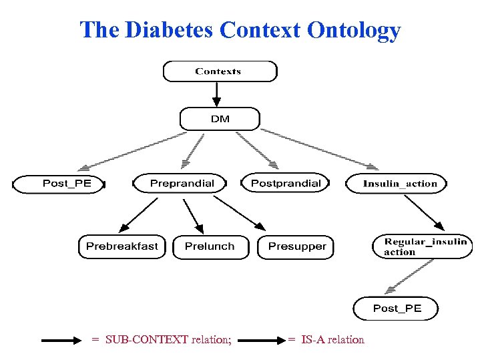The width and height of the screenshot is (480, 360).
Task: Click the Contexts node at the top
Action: (x=219, y=71)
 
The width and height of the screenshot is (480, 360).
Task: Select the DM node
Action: (x=220, y=119)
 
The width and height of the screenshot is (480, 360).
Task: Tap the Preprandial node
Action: (x=181, y=183)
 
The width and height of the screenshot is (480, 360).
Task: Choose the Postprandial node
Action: (x=285, y=183)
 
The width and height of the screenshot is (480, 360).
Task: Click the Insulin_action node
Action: (x=399, y=184)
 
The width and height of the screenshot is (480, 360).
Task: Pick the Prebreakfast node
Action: (x=122, y=246)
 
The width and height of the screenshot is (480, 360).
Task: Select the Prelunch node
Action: (x=210, y=246)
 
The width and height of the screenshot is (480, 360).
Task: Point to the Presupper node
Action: (x=296, y=246)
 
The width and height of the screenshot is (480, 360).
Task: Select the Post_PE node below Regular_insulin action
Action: (x=397, y=308)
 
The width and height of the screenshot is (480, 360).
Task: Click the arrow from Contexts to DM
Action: (x=216, y=94)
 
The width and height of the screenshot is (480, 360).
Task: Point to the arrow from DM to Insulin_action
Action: (x=317, y=148)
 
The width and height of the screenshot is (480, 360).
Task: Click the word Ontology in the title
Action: (x=354, y=30)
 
